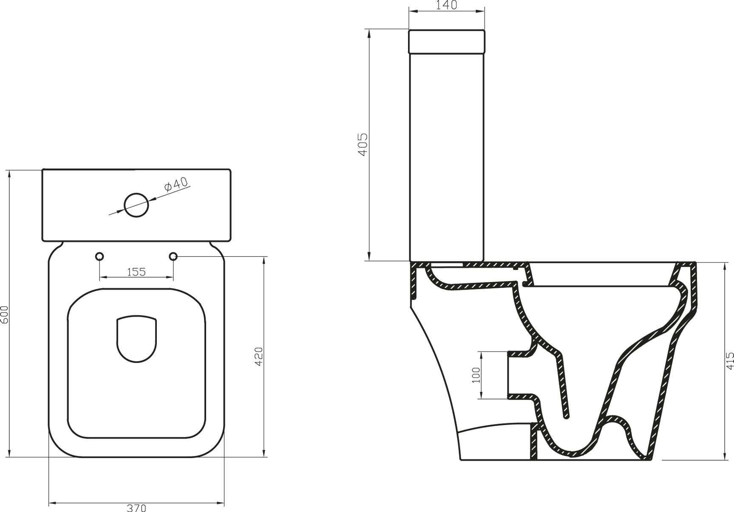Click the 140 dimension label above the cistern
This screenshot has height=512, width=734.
pyautogui.click(x=446, y=5)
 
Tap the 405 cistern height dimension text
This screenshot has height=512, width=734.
pyautogui.click(x=363, y=144)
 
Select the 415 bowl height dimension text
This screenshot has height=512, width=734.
pyautogui.click(x=729, y=361)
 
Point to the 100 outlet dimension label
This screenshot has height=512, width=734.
pyautogui.click(x=476, y=375)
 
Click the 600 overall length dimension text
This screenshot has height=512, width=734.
pyautogui.click(x=4, y=314)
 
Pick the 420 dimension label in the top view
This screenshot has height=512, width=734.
pyautogui.click(x=259, y=357)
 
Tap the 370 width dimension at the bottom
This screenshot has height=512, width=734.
pyautogui.click(x=136, y=508)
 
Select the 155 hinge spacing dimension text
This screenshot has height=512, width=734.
pyautogui.click(x=136, y=272)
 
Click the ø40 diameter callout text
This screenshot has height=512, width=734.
pyautogui.click(x=176, y=185)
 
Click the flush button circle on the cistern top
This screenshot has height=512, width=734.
pyautogui.click(x=136, y=205)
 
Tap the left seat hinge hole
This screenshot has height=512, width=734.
pyautogui.click(x=99, y=256)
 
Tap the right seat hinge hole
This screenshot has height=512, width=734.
pyautogui.click(x=173, y=256)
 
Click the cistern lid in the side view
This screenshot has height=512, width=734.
pyautogui.click(x=446, y=42)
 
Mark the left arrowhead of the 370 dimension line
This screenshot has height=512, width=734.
pyautogui.click(x=51, y=504)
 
